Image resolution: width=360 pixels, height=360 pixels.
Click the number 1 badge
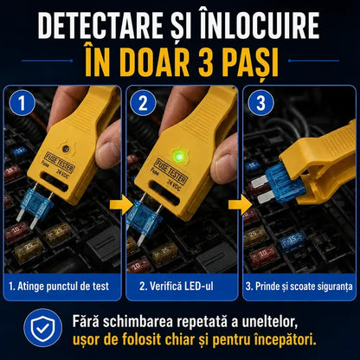[x=22, y=103]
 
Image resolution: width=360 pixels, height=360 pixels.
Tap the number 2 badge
[x=143, y=103]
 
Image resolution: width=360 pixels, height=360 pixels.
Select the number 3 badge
[x=260, y=103]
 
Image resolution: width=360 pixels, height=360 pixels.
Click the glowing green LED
[x=179, y=157]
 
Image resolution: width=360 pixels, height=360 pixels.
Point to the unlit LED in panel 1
[x=66, y=149]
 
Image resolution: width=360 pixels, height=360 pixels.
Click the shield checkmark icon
[x=43, y=328]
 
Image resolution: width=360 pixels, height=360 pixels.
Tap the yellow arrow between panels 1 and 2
[x=119, y=204]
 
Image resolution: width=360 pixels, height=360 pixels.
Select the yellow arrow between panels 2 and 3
[x=239, y=205]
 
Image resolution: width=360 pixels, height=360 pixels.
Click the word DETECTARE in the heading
[x=100, y=25]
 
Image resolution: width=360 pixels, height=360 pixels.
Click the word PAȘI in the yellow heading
[x=253, y=62]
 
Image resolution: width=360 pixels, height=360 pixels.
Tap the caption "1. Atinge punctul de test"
[x=59, y=286]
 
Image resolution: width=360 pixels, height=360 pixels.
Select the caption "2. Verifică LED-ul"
[x=177, y=286]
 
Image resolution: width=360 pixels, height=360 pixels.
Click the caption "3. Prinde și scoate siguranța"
[x=299, y=286]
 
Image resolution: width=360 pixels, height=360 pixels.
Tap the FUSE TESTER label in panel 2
[x=171, y=170]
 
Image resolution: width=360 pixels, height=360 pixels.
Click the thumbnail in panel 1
[x=107, y=151]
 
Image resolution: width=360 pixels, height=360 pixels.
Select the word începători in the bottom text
[x=285, y=339]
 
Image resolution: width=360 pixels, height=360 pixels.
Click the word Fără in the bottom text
[x=86, y=321]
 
